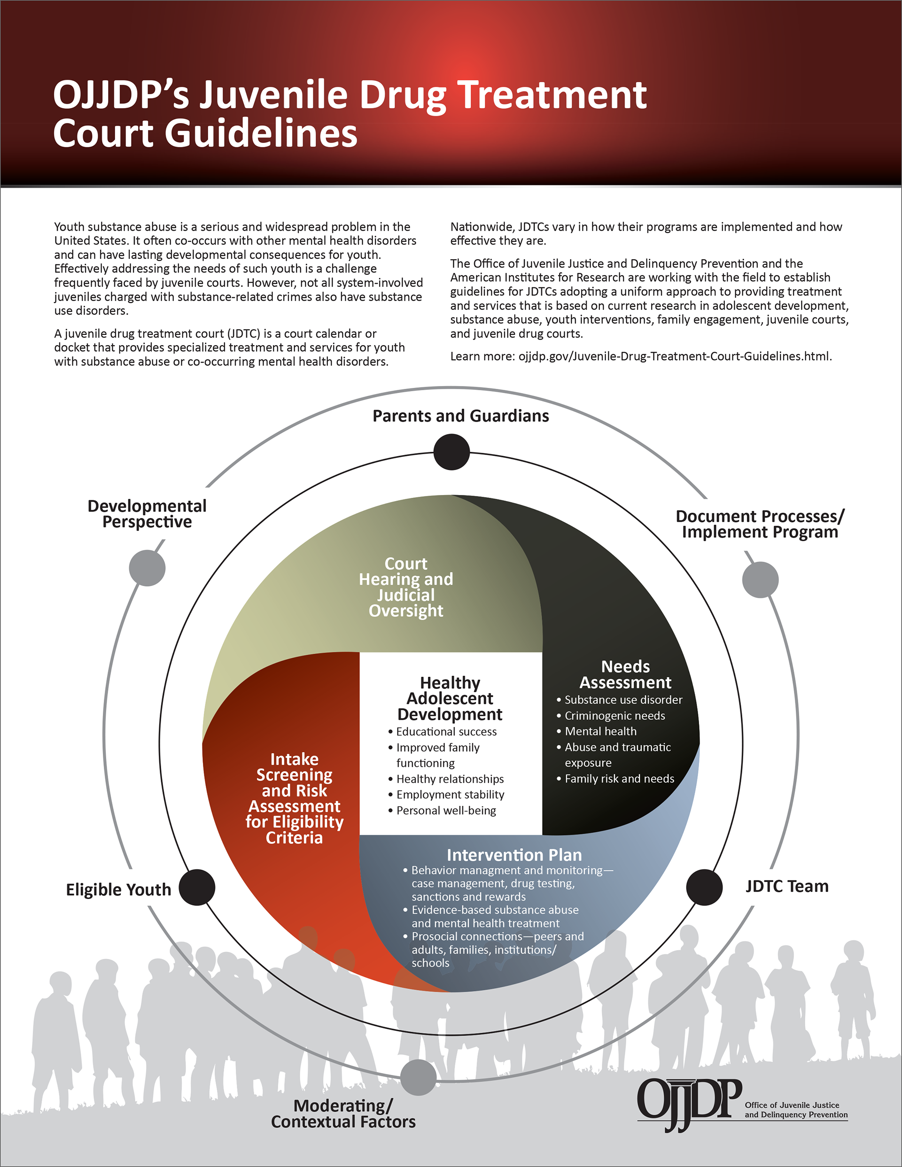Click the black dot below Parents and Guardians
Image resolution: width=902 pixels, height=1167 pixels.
[x=451, y=452]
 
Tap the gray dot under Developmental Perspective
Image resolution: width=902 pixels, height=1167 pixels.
[x=147, y=568]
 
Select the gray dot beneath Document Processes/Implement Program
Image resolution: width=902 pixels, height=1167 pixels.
[x=760, y=580]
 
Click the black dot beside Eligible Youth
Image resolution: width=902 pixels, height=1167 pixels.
[x=197, y=888]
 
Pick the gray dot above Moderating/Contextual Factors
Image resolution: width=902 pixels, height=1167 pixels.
[x=418, y=1078]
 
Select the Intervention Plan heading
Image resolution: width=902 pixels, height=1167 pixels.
[x=514, y=855]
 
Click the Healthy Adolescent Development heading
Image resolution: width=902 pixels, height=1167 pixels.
[x=450, y=698]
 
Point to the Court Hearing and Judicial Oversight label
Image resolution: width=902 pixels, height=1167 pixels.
[x=406, y=587]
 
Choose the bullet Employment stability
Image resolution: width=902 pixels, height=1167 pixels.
[x=450, y=795]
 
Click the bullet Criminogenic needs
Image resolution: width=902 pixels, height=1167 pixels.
[x=614, y=716]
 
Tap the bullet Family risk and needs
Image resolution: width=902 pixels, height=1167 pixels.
[x=619, y=779]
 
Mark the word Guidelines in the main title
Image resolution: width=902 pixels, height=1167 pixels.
[x=260, y=133]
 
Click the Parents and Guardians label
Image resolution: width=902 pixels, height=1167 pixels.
[x=460, y=416]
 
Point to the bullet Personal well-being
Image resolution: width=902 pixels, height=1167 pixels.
[x=446, y=811]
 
